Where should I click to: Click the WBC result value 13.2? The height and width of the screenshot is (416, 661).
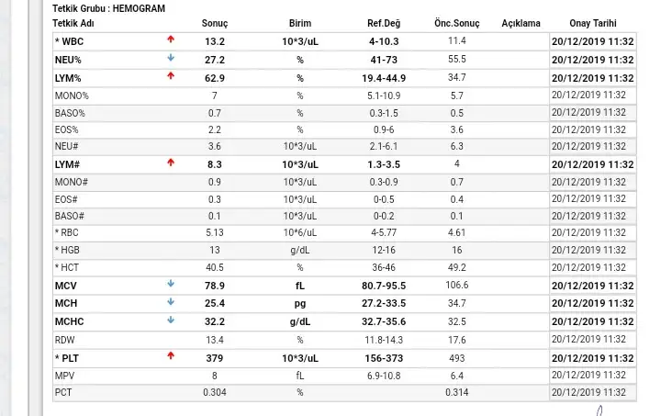coord(214,41)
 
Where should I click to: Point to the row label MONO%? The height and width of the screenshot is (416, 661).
coord(72,96)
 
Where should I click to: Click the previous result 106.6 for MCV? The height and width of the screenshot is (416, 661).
coord(457,286)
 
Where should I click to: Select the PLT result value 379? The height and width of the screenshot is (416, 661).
coord(214,357)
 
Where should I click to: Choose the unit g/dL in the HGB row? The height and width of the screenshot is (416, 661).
coord(299,251)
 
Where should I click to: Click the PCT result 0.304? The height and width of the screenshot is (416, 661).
coord(214,393)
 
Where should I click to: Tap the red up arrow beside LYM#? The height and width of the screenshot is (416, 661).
coord(170,163)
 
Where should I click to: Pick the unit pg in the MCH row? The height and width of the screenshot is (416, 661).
coord(299,303)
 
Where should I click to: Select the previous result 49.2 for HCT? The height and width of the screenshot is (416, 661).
coord(457,268)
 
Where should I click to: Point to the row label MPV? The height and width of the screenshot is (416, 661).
coord(64,376)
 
